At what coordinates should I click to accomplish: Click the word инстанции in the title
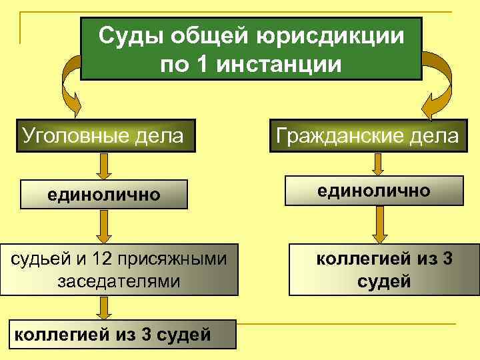pos(282,65)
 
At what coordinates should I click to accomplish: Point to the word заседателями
pos(119,281)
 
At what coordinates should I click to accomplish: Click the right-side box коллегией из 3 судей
pos(383,269)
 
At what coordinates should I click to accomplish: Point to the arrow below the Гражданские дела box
pos(378,164)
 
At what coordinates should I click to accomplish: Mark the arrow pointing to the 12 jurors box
pos(103,227)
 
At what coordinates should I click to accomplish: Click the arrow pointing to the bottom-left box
pos(103,307)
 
